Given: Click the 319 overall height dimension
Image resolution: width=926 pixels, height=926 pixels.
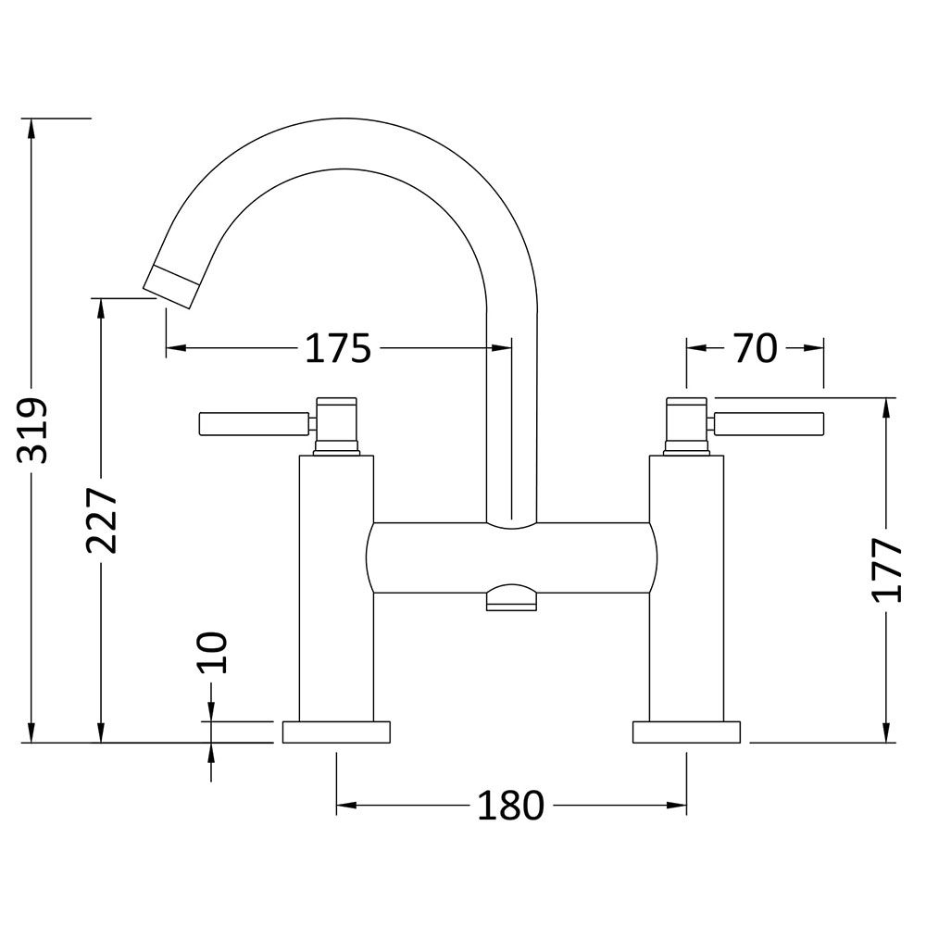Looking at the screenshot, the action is [31, 430].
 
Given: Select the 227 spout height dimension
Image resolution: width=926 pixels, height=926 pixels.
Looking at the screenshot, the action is [101, 519].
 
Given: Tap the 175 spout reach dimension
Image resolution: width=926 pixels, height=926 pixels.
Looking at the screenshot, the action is [338, 348].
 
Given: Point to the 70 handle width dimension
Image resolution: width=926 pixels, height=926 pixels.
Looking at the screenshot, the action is [756, 348].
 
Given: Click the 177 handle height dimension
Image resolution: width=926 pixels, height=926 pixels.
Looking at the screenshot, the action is [886, 569].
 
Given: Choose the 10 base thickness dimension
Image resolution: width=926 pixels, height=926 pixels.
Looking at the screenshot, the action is [212, 653].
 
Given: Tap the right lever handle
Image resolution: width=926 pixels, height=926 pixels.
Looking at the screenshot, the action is [769, 425].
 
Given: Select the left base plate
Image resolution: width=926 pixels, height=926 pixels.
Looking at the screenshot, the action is [337, 732].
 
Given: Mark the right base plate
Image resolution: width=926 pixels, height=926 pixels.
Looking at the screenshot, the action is [686, 732].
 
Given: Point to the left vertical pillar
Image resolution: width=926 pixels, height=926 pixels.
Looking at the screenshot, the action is [337, 588].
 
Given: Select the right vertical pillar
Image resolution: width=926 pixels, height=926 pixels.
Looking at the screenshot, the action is [686, 588].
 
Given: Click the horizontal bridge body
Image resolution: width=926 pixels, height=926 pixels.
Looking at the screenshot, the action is [511, 558].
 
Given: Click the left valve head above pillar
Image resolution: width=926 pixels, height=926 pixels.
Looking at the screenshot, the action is [337, 426].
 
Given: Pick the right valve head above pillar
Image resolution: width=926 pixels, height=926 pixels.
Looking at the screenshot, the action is [686, 426].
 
